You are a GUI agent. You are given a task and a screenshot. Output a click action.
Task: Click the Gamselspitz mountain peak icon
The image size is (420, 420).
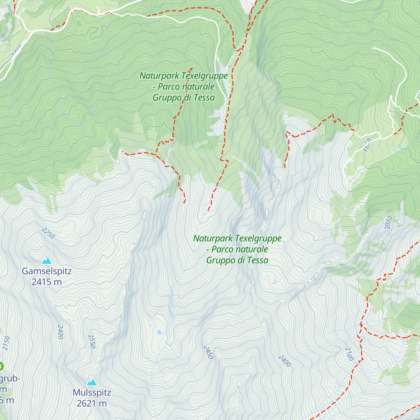(x=47, y=260)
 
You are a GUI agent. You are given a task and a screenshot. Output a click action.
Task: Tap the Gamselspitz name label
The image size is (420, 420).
(x=47, y=271)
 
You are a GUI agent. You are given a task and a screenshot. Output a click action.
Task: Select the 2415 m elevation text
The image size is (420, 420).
(x=47, y=282)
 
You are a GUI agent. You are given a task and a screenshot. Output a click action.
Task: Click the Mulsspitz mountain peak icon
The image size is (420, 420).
(x=92, y=382)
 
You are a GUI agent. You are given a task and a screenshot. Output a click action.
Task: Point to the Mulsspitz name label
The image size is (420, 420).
(x=92, y=392)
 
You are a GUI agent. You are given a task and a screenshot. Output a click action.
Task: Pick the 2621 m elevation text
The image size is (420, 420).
(x=92, y=404)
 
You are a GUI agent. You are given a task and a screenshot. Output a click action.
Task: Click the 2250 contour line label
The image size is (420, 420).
(x=48, y=233)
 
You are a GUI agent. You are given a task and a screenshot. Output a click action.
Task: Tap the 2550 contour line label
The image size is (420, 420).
(x=92, y=341)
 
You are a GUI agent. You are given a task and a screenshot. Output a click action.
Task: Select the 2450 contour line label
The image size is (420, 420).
(x=208, y=352)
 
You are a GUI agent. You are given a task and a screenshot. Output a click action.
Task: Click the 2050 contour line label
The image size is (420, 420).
(x=388, y=223)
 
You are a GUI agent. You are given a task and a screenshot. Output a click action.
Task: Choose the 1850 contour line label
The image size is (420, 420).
(x=367, y=145)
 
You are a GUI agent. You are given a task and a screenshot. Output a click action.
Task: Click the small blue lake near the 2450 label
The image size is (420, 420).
(x=160, y=332)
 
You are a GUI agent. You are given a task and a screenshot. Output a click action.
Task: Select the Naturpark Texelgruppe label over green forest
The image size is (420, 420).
(x=184, y=86)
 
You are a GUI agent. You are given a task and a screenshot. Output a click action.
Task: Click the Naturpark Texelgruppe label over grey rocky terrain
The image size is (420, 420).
(x=237, y=249)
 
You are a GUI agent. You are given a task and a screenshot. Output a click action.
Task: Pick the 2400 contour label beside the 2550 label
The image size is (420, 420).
(x=61, y=332)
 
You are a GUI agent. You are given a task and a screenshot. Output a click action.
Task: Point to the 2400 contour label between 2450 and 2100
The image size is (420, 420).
(x=285, y=361)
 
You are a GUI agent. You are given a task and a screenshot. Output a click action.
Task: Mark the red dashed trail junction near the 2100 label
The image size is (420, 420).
(x=360, y=325)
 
